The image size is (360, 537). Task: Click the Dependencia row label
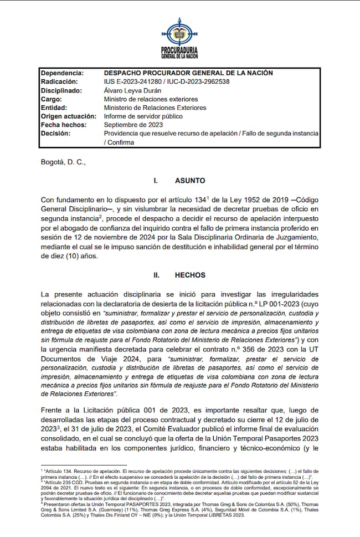[x=63, y=73]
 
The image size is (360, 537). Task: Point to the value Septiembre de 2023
[x=133, y=125]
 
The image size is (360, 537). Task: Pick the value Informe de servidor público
[x=143, y=116]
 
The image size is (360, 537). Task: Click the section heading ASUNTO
[x=190, y=181]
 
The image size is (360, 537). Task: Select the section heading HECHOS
[x=190, y=275]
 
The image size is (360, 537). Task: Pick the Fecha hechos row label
[x=64, y=125]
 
